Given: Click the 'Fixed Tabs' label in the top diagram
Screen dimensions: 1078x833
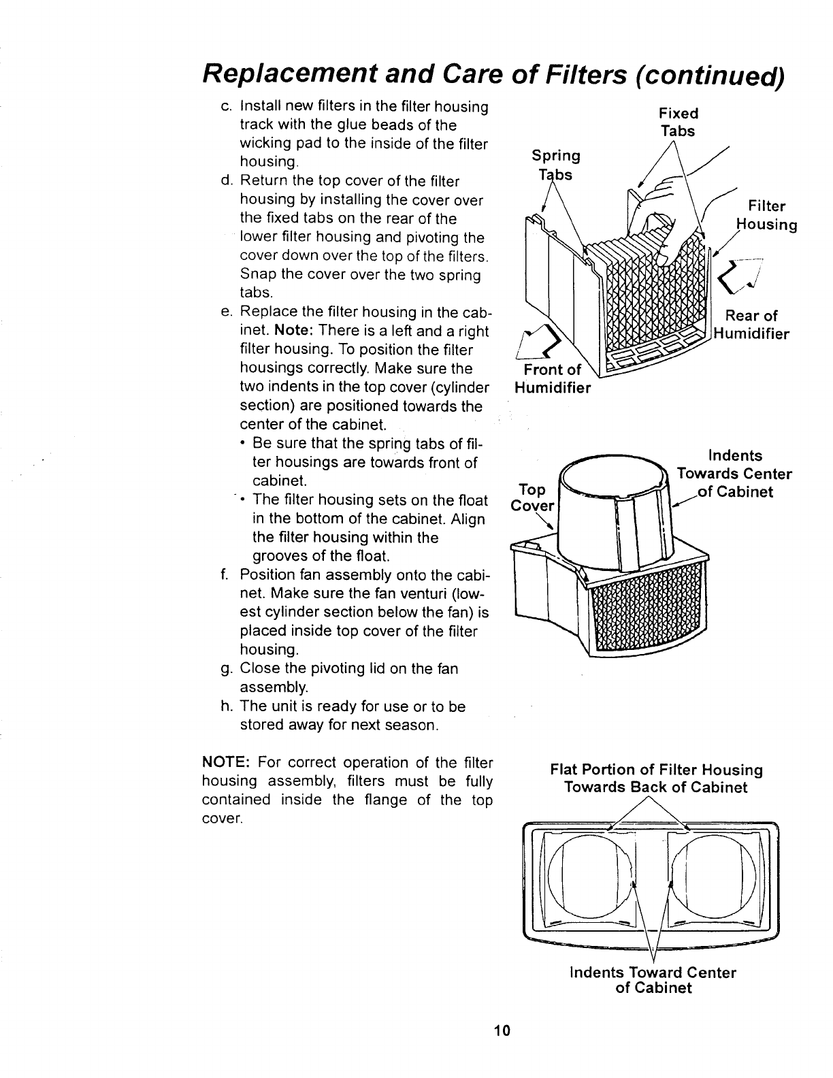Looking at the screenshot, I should pyautogui.click(x=678, y=122).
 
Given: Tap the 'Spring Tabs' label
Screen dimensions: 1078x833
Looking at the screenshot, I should pyautogui.click(x=555, y=165).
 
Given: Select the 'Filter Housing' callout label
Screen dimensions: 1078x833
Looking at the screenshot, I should pyautogui.click(x=767, y=215).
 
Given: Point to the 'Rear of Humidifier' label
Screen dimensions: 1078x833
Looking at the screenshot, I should pyautogui.click(x=751, y=325).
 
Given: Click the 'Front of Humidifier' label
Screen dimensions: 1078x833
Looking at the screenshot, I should pyautogui.click(x=552, y=378).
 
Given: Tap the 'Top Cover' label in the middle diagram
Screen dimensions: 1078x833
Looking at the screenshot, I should pyautogui.click(x=533, y=497).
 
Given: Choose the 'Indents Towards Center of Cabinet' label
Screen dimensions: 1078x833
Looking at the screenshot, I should pyautogui.click(x=734, y=474).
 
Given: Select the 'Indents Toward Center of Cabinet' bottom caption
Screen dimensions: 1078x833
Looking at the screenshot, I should pyautogui.click(x=653, y=980).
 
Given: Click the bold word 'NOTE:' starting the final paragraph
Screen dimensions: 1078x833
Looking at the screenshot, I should pyautogui.click(x=227, y=762).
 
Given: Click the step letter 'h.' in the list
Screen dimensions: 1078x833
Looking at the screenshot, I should pyautogui.click(x=226, y=706).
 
